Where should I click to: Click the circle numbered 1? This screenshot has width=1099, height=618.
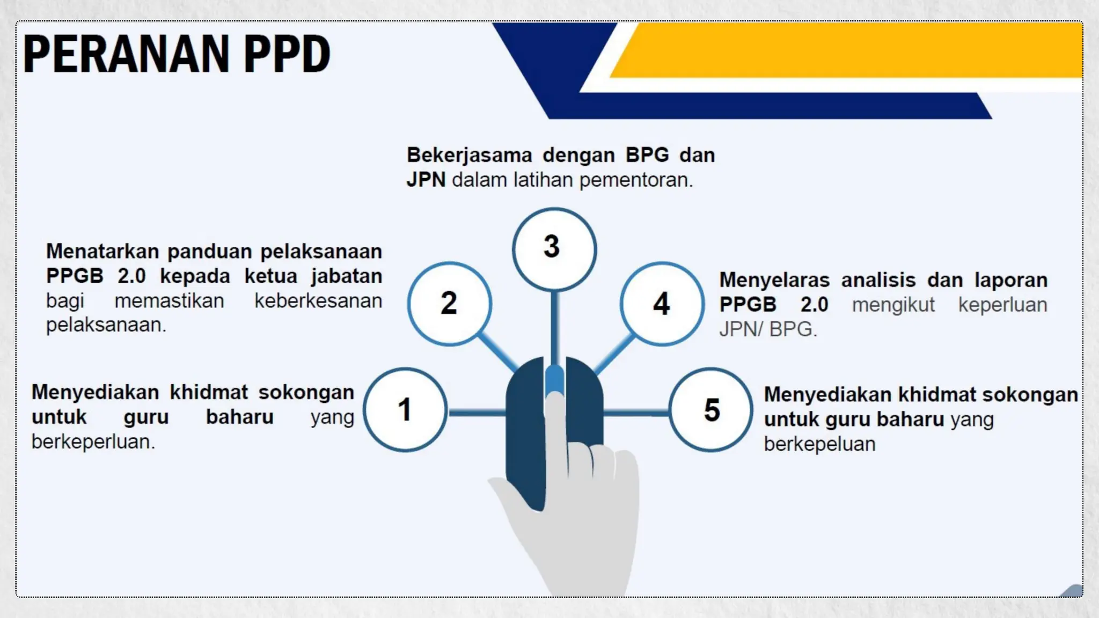(x=405, y=410)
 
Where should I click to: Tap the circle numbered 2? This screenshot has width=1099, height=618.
(x=449, y=304)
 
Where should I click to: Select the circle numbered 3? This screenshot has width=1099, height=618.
(x=554, y=249)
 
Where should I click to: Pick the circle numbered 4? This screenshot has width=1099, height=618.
(x=662, y=304)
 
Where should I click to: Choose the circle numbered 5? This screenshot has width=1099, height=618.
(x=711, y=410)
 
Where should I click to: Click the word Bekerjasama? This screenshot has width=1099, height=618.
(x=469, y=155)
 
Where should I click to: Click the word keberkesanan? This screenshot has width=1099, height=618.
(x=318, y=301)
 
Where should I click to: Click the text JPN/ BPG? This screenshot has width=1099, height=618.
(x=767, y=329)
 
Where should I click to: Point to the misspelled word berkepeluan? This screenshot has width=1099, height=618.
(x=819, y=444)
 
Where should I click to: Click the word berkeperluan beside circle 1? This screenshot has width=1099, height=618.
(x=93, y=442)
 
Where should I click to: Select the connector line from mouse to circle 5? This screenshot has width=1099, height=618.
(x=636, y=413)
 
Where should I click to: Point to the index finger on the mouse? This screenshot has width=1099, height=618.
(x=556, y=429)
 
